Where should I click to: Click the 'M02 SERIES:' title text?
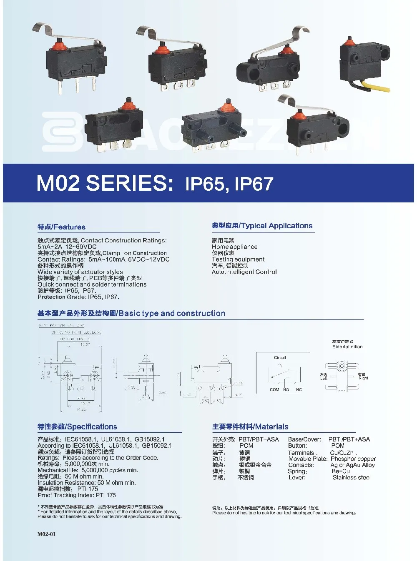click(x=105, y=183)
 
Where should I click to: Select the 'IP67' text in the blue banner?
click(x=254, y=184)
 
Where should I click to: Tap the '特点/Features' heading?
click(x=61, y=227)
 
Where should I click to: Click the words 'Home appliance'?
click(x=234, y=247)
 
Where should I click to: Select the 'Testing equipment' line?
click(x=238, y=259)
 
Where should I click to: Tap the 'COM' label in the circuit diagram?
click(x=274, y=390)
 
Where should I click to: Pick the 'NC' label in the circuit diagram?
click(x=299, y=390)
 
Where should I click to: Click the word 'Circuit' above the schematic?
click(x=280, y=358)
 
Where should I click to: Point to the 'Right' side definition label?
click(x=363, y=378)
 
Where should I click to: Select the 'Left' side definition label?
click(x=324, y=379)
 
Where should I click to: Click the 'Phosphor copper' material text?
click(x=353, y=459)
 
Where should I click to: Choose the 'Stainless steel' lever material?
click(x=351, y=477)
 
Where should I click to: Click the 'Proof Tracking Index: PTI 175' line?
click(x=77, y=495)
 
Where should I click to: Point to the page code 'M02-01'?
click(x=46, y=534)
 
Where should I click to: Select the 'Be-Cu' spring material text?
click(x=340, y=471)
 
